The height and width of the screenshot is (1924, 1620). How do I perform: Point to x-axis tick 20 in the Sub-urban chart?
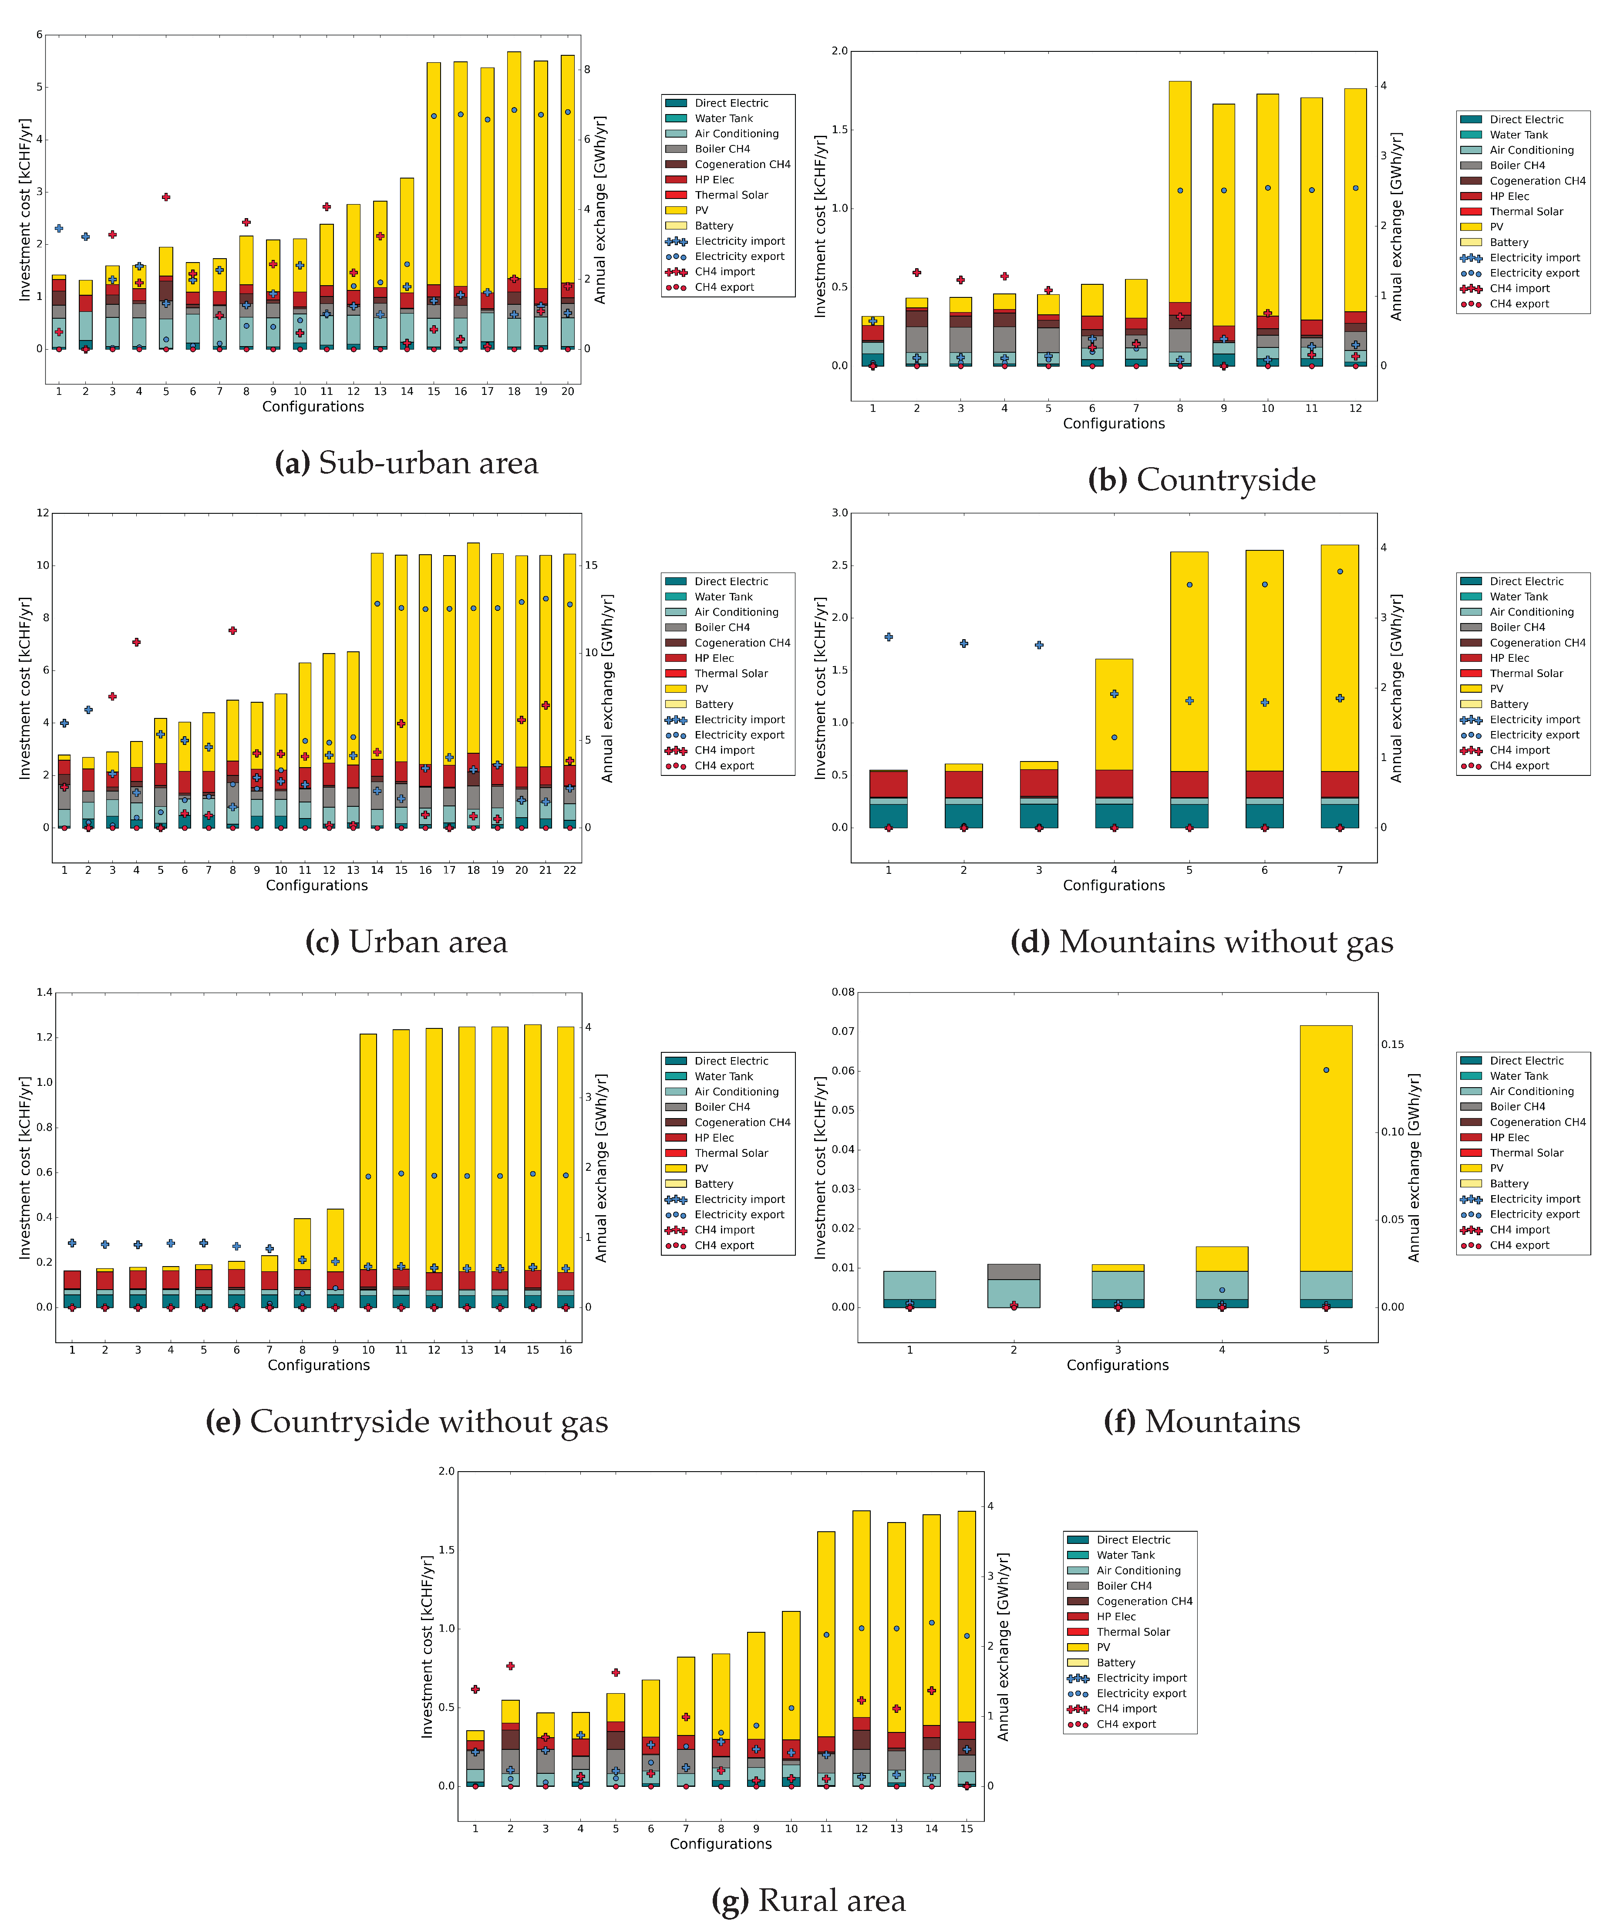568,391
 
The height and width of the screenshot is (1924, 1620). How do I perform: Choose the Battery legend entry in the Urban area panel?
714,704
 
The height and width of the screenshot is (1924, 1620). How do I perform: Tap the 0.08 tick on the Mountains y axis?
843,992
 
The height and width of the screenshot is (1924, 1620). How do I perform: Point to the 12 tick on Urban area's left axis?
42,512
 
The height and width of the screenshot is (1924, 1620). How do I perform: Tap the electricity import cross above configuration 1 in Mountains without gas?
888,637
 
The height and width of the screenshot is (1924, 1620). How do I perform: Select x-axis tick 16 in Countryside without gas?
566,1349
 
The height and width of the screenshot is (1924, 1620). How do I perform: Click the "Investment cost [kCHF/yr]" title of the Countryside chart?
820,226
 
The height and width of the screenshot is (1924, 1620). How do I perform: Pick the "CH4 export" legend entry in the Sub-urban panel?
724,287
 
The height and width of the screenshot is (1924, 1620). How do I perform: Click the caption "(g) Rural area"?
808,1900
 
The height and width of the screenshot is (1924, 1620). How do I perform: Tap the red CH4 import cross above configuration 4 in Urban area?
136,642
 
